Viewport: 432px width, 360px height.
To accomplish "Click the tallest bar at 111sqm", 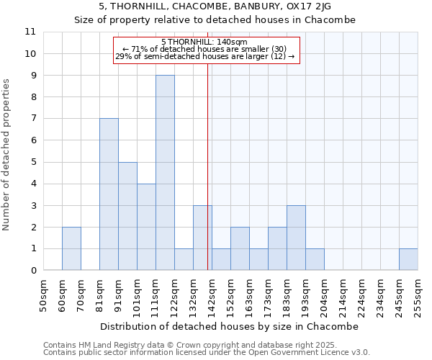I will click(x=165, y=173).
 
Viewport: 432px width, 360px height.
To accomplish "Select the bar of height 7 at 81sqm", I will click(x=109, y=194).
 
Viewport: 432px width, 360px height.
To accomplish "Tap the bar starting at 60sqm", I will click(x=71, y=248).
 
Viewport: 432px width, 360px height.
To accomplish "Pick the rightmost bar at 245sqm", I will click(x=408, y=259).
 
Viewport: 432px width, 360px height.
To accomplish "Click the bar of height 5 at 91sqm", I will click(x=127, y=216).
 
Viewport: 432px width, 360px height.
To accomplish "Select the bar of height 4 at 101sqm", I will click(x=146, y=227).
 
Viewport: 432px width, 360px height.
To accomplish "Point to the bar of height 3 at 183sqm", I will click(x=296, y=238).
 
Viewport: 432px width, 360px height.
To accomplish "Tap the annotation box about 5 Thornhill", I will click(x=205, y=50).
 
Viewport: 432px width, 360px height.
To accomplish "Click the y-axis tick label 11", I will click(x=30, y=32).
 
